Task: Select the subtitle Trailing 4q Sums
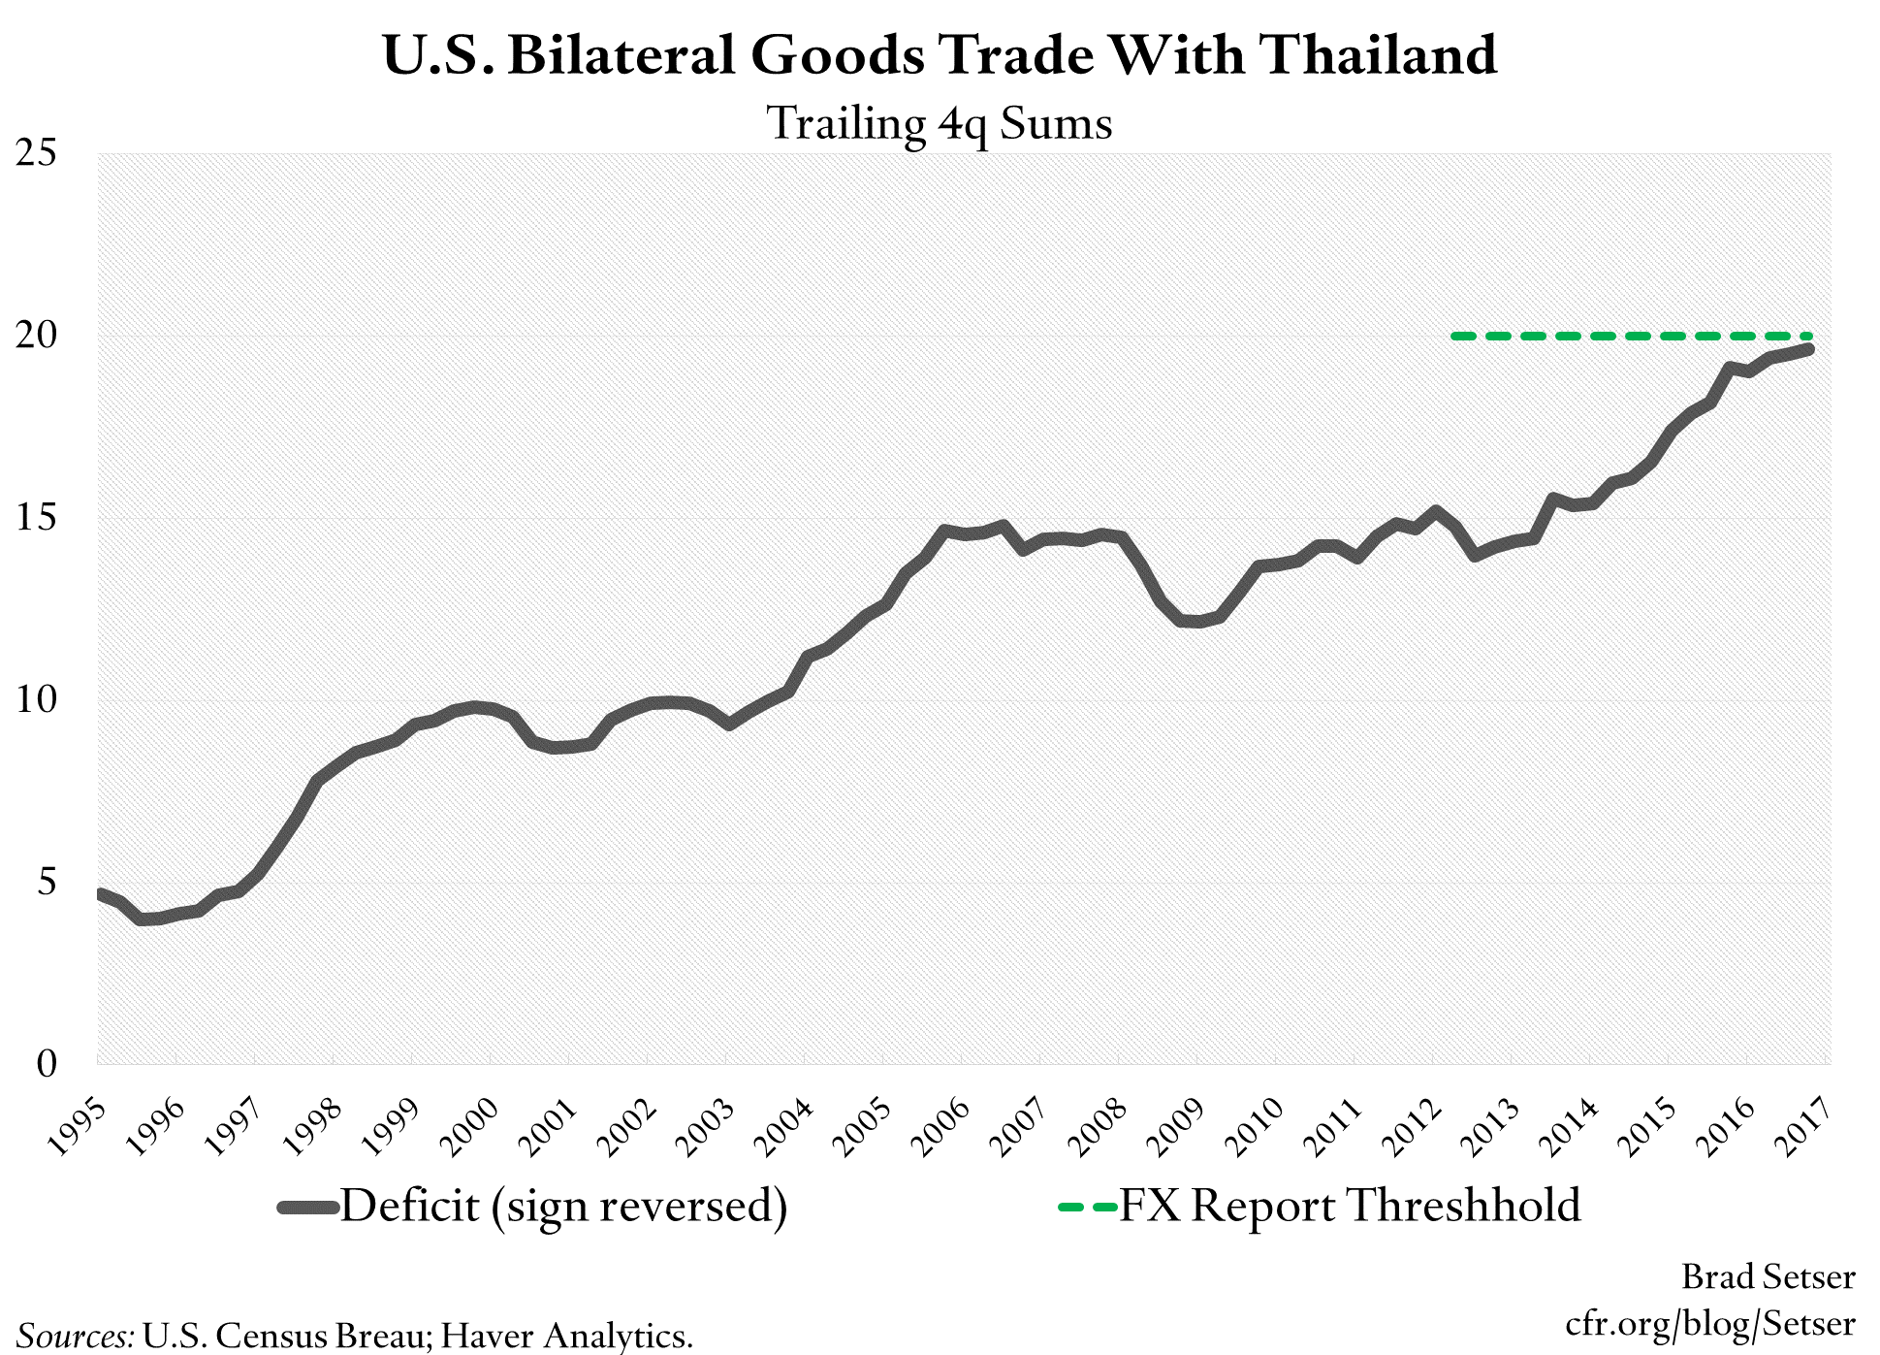pyautogui.click(x=940, y=124)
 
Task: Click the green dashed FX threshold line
pyautogui.click(x=1629, y=336)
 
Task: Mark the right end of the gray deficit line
pyautogui.click(x=1807, y=349)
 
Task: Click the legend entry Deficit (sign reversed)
pyautogui.click(x=562, y=1207)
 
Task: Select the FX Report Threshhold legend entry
pyautogui.click(x=1349, y=1207)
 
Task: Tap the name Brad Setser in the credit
pyautogui.click(x=1768, y=1277)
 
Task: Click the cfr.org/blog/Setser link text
pyautogui.click(x=1709, y=1324)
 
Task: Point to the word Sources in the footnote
pyautogui.click(x=76, y=1337)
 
